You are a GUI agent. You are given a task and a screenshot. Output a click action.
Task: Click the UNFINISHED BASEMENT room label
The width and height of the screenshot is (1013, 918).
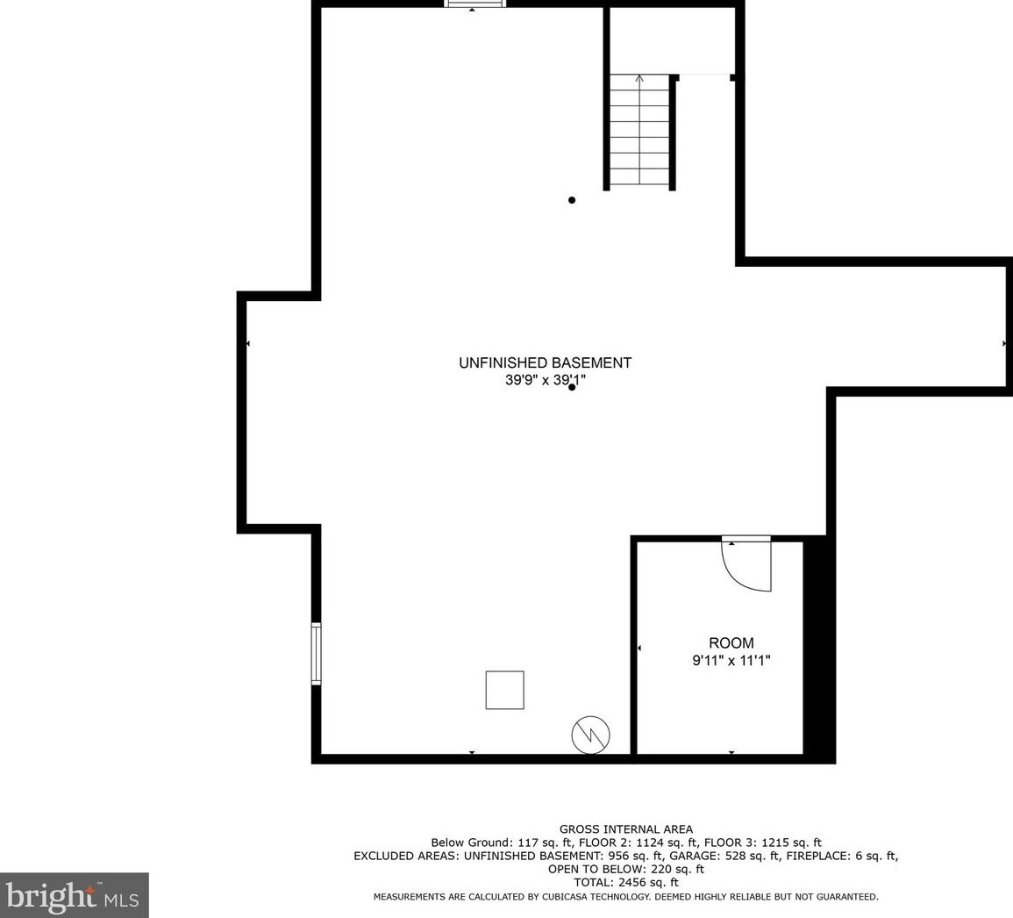point(545,362)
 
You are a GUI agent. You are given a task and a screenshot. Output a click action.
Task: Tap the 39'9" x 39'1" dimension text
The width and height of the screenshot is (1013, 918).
point(545,381)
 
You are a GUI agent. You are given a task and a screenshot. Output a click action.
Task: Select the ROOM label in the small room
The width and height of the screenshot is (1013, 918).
point(731,643)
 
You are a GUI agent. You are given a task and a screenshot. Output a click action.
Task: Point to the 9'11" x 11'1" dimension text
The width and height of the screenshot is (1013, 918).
point(731,661)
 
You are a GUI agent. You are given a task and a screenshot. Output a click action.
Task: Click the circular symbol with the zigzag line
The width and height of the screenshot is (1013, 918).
point(590,735)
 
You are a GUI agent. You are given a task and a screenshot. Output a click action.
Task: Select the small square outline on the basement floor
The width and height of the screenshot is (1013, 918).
point(505,690)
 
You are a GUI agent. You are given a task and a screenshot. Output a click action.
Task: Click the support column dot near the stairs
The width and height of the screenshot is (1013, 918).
point(572,200)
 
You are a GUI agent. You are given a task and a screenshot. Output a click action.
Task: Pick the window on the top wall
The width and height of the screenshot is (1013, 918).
point(475,4)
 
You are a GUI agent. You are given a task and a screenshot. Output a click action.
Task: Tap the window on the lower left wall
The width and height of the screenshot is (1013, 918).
point(316,653)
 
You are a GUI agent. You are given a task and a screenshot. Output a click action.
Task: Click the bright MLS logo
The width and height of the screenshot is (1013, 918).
point(74,896)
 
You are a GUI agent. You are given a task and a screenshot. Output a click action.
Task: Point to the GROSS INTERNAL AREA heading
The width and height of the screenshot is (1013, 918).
point(626,829)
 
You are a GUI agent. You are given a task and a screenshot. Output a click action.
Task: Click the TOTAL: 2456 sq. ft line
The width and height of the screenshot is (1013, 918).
point(626,883)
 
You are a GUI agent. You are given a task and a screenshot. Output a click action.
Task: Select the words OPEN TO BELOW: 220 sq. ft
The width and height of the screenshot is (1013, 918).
point(626,870)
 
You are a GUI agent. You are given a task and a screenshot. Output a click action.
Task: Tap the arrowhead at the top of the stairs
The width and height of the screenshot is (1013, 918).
point(639,79)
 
